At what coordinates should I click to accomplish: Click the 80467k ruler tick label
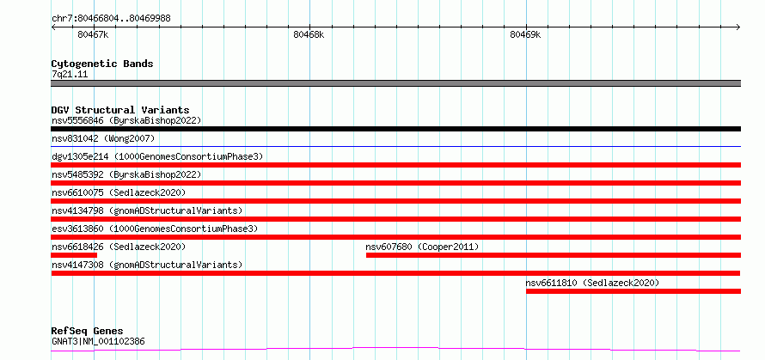pyautogui.click(x=93, y=34)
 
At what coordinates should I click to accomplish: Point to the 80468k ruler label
pyautogui.click(x=309, y=34)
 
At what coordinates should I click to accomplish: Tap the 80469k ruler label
pyautogui.click(x=525, y=34)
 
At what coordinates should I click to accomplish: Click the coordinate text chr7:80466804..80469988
pyautogui.click(x=111, y=19)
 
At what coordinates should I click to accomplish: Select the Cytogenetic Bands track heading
pyautogui.click(x=102, y=64)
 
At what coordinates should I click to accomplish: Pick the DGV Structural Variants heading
pyautogui.click(x=120, y=110)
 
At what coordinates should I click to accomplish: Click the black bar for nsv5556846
pyautogui.click(x=396, y=129)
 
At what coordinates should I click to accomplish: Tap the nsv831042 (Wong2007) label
pyautogui.click(x=103, y=139)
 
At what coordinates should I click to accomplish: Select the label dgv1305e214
pyautogui.click(x=80, y=156)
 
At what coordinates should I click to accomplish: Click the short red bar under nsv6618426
pyautogui.click(x=74, y=255)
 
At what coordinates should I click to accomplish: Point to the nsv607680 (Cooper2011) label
pyautogui.click(x=422, y=247)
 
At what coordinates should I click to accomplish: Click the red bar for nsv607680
pyautogui.click(x=554, y=255)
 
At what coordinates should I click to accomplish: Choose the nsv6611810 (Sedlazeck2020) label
pyautogui.click(x=592, y=283)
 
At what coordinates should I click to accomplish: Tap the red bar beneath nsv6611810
pyautogui.click(x=633, y=291)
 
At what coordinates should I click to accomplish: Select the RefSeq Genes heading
pyautogui.click(x=88, y=332)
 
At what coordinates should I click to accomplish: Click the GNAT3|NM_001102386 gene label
pyautogui.click(x=98, y=341)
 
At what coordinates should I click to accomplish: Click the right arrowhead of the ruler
pyautogui.click(x=738, y=27)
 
